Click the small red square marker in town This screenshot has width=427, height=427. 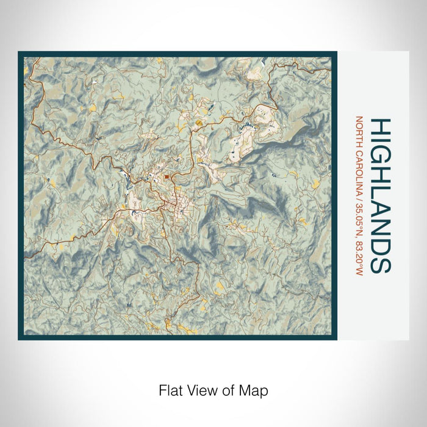pyautogui.click(x=166, y=178)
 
